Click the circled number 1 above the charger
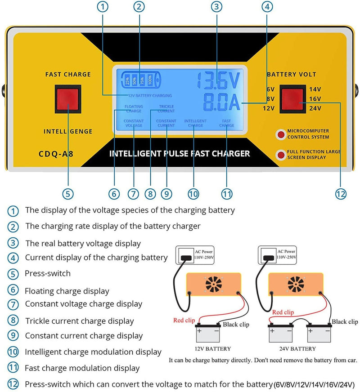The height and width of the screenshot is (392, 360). (103, 6)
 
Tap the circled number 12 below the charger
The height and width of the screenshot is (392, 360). (341, 193)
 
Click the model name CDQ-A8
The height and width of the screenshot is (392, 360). (56, 154)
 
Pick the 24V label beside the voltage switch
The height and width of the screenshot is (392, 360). (315, 108)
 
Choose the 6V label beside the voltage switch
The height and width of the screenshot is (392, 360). (270, 89)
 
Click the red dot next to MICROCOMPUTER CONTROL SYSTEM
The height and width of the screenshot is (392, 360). (281, 134)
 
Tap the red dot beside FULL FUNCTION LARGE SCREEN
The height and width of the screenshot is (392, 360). (281, 155)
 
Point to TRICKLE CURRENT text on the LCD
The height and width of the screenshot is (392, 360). (166, 109)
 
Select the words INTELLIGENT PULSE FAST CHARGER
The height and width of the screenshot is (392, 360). (180, 154)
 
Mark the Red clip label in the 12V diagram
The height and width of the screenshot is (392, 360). (185, 321)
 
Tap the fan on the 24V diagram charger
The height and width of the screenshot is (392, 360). (296, 284)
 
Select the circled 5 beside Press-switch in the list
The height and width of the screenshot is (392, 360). (14, 274)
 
